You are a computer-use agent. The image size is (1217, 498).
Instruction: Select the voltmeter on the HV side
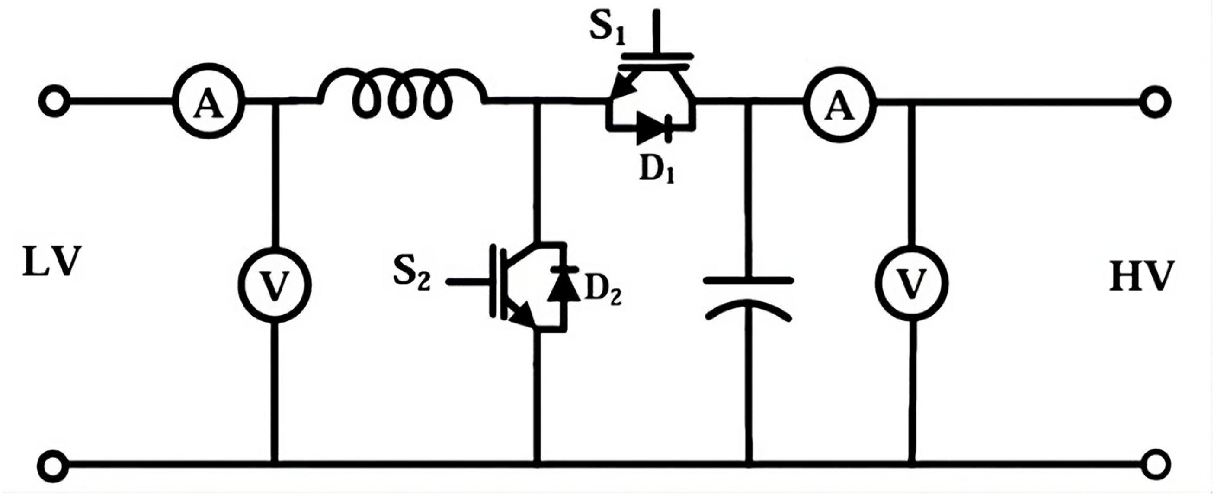(911, 284)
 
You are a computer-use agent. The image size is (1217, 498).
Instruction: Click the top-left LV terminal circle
(55, 101)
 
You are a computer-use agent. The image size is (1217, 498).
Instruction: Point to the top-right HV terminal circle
(1155, 102)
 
